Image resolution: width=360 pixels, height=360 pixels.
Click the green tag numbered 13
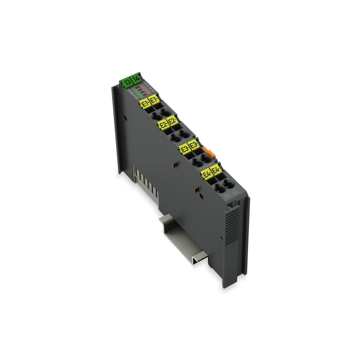[127, 82]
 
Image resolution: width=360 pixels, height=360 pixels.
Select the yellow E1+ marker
[144, 103]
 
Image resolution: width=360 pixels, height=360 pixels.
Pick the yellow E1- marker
[154, 99]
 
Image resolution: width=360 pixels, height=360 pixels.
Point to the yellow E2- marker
[171, 121]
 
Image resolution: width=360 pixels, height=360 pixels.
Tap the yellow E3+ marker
[184, 149]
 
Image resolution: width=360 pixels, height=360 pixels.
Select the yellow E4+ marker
[206, 174]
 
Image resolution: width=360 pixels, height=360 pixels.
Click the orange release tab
[207, 152]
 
